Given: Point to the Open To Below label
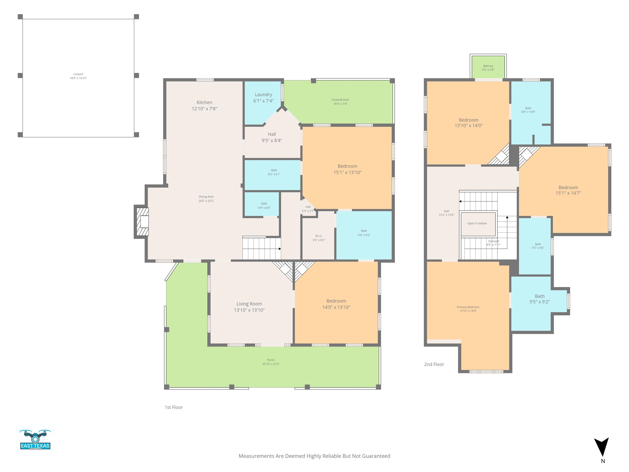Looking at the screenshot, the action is click(477, 223).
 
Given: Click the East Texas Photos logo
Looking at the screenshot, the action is click(35, 440).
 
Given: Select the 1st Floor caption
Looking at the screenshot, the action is click(173, 407).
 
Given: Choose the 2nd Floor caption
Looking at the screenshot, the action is click(434, 364).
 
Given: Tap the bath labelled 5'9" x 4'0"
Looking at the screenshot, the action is click(264, 205).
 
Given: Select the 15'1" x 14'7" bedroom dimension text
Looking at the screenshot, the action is click(568, 193).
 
